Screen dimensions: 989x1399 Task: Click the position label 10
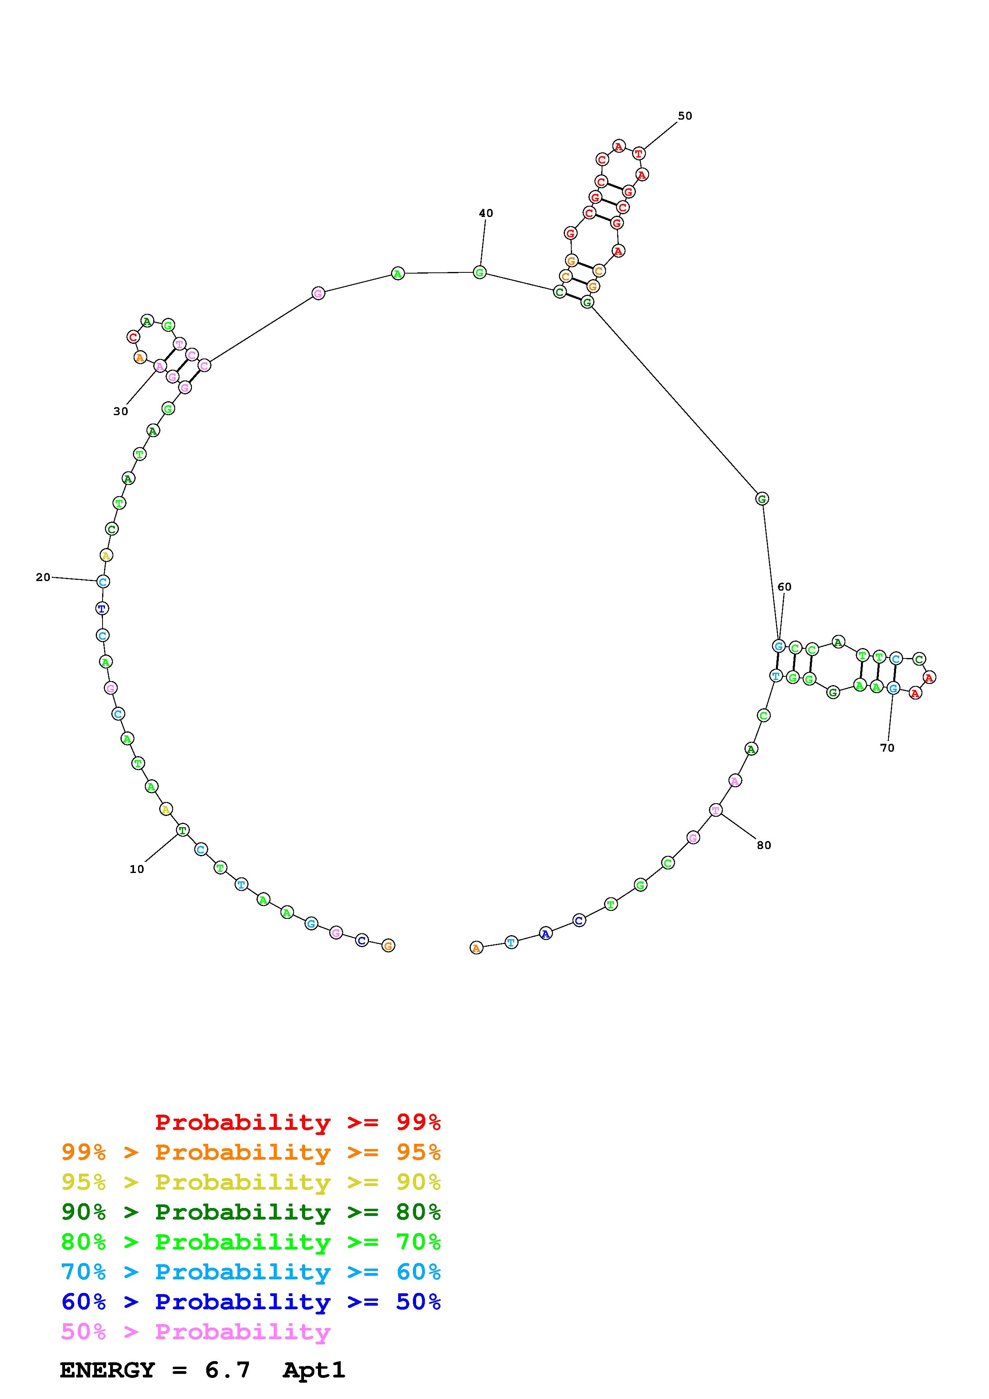pyautogui.click(x=136, y=869)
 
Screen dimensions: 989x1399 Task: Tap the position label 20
pyautogui.click(x=43, y=577)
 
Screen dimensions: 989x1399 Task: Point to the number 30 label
pyautogui.click(x=120, y=411)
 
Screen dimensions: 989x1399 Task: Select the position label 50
pyautogui.click(x=685, y=116)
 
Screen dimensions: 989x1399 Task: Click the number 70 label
pyautogui.click(x=887, y=748)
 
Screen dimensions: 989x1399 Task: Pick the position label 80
pyautogui.click(x=764, y=845)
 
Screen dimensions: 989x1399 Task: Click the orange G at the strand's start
pyautogui.click(x=388, y=946)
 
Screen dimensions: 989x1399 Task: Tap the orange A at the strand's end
pyautogui.click(x=476, y=948)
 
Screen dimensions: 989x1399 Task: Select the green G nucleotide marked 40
pyautogui.click(x=480, y=272)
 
